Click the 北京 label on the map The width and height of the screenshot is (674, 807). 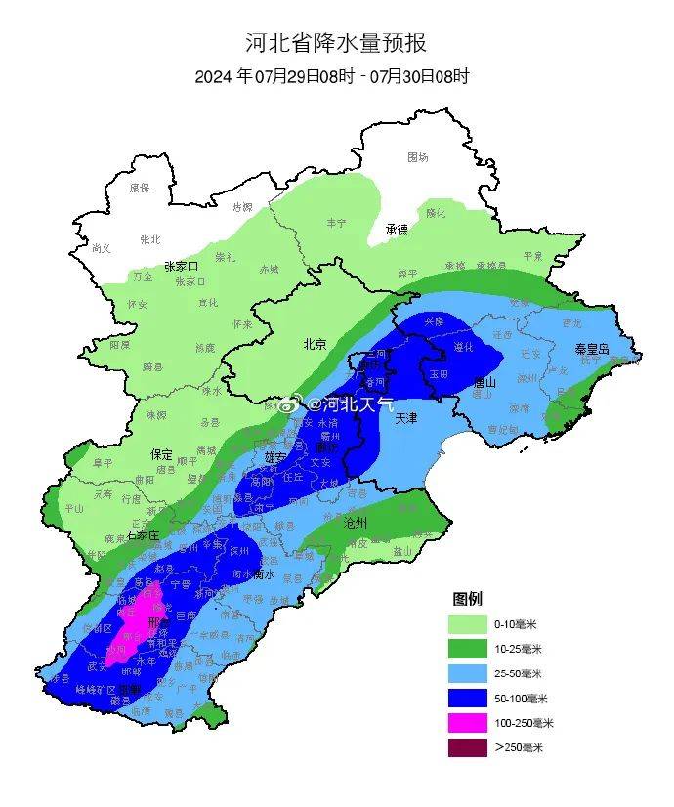(x=315, y=344)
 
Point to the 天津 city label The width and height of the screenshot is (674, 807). (x=407, y=417)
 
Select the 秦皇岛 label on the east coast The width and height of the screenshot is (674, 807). (x=591, y=348)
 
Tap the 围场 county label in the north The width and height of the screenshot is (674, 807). (x=418, y=157)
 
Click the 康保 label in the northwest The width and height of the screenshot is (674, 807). (x=140, y=188)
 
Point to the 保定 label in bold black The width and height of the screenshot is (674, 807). (x=161, y=454)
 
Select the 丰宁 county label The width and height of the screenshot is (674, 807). (x=336, y=224)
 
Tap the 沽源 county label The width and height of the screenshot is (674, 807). (x=242, y=207)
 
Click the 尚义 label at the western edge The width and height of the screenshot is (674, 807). (x=102, y=248)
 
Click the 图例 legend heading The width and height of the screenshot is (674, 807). (x=467, y=598)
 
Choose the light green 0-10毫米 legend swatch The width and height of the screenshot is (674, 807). (x=468, y=623)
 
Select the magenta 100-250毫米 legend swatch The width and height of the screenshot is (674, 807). (x=468, y=723)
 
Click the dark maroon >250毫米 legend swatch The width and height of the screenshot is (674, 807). (x=468, y=747)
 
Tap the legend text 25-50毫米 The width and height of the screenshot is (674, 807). (x=516, y=674)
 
